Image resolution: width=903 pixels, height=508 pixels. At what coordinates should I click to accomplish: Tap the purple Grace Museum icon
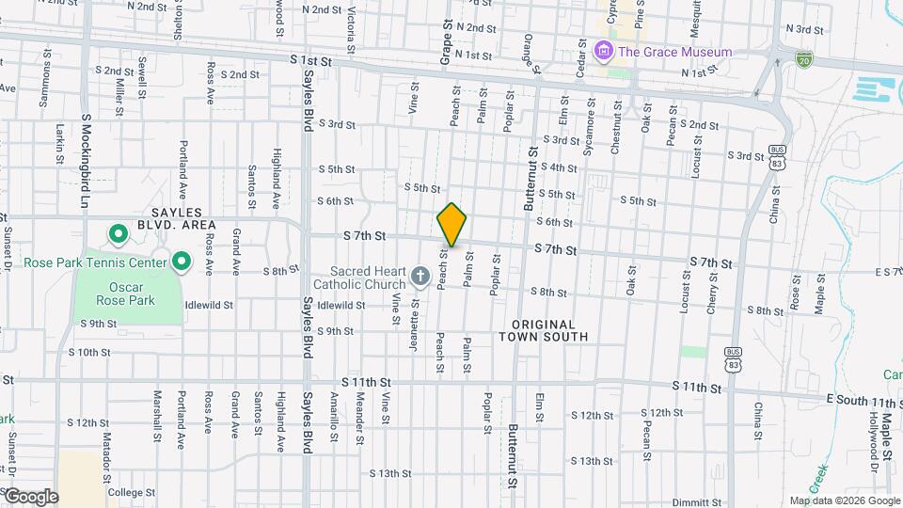pyautogui.click(x=605, y=51)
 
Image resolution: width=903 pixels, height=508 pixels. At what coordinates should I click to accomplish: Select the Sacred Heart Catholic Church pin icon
pyautogui.click(x=420, y=278)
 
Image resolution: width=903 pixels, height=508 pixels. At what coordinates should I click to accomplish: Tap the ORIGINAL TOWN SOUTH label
pyautogui.click(x=543, y=329)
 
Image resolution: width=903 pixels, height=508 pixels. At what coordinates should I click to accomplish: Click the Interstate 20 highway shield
pyautogui.click(x=802, y=60)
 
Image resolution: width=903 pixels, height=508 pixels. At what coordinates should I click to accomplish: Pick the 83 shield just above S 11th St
pyautogui.click(x=733, y=359)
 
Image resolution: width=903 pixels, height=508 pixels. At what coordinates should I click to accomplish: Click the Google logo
pyautogui.click(x=30, y=497)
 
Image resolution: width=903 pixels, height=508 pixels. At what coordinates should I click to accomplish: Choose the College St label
pyautogui.click(x=131, y=492)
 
